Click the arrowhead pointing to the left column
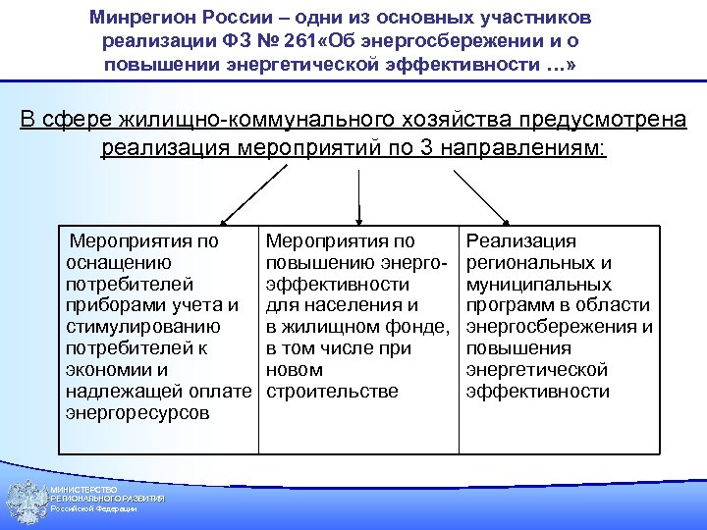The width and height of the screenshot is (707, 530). click(x=224, y=221)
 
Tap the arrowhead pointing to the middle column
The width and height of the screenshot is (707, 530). click(x=359, y=221)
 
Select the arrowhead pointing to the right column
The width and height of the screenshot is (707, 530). click(x=505, y=221)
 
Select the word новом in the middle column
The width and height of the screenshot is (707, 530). click(x=295, y=370)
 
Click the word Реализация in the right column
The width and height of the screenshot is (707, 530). click(x=521, y=240)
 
